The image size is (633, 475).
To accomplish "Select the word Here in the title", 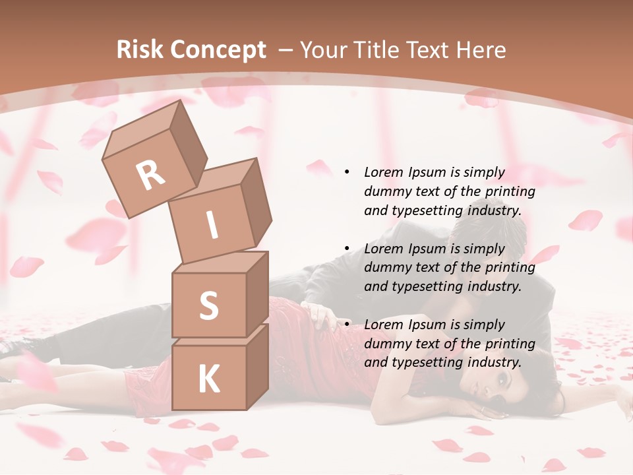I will click(481, 50).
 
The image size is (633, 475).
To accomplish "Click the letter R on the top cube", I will click(151, 175).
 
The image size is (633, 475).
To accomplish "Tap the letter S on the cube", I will click(208, 305).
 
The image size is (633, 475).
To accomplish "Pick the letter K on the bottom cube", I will click(208, 379).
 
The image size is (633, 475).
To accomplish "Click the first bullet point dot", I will click(347, 172).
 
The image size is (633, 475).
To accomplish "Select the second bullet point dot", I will click(347, 249).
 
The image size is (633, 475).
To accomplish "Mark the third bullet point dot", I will click(347, 325).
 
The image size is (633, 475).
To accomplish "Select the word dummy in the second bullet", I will click(386, 268).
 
